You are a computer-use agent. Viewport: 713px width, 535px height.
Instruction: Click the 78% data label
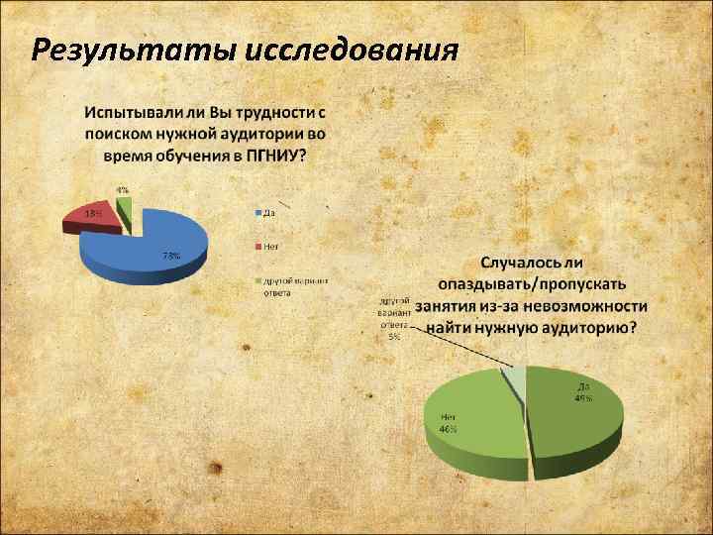[x=171, y=256]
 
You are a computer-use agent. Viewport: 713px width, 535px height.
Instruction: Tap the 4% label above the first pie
[x=122, y=189]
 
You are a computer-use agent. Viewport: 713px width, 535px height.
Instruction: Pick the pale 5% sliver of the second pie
[x=516, y=377]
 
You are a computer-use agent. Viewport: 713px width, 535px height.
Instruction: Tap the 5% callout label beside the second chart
[x=394, y=318]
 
